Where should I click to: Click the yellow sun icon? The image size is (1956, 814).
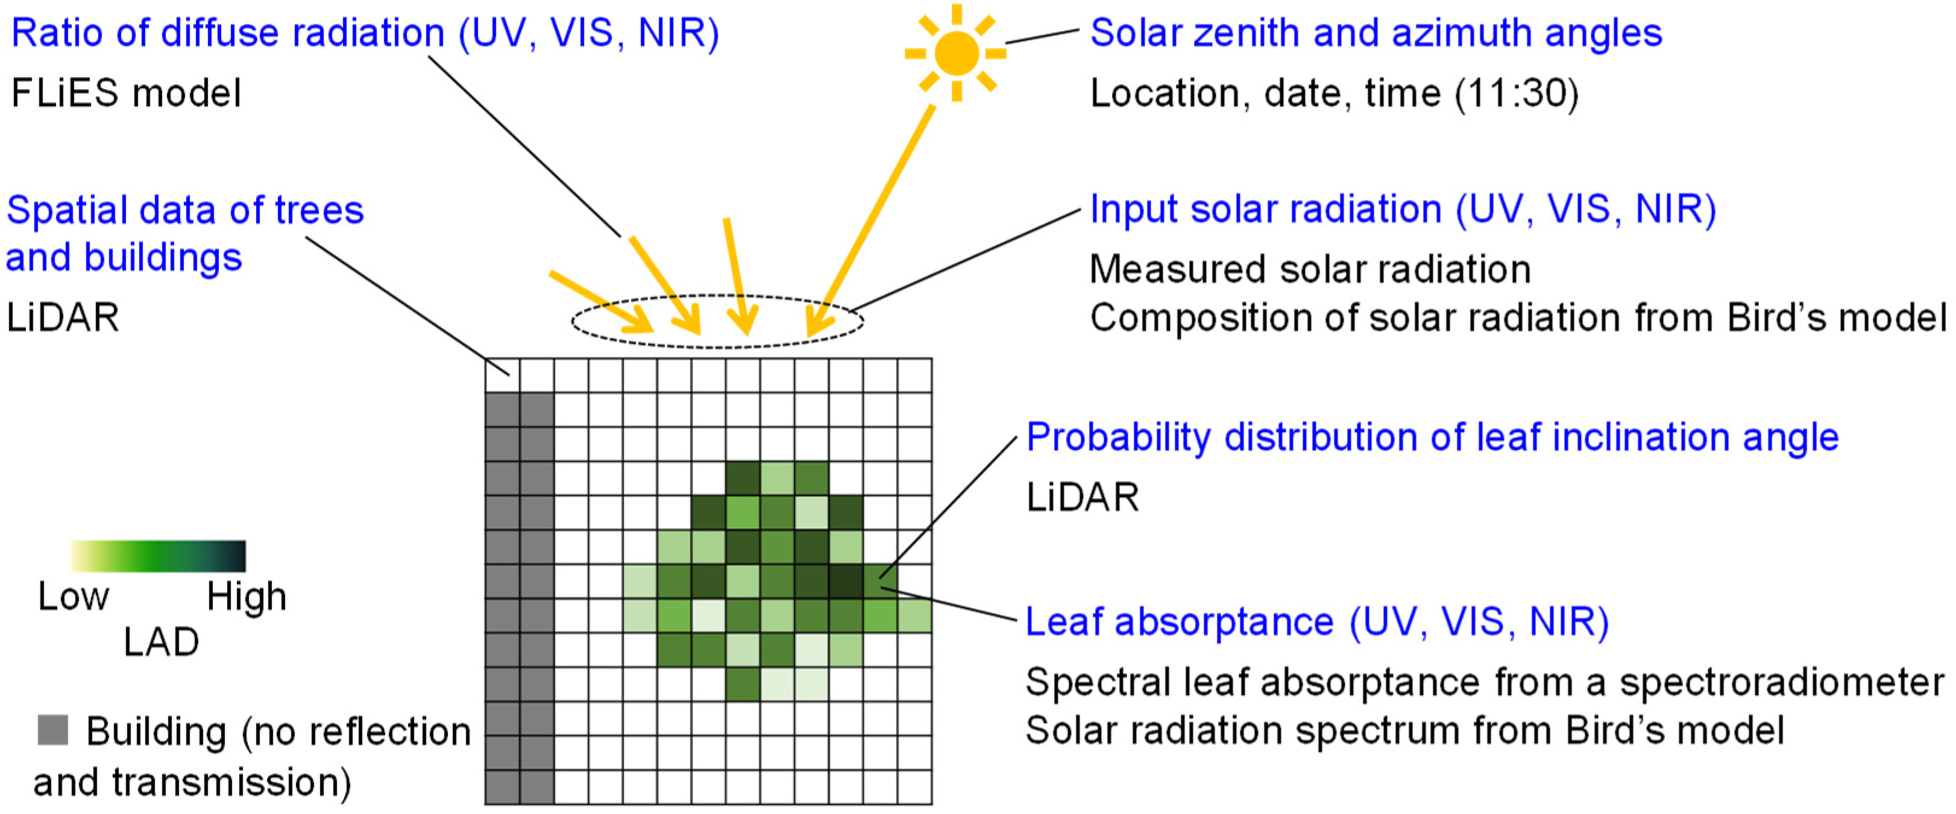[956, 53]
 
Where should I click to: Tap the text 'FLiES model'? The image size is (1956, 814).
[126, 93]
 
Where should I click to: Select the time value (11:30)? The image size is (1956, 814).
[1517, 93]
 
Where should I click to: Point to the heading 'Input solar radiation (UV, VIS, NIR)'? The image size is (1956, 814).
[1403, 209]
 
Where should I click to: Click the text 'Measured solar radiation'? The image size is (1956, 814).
[1310, 269]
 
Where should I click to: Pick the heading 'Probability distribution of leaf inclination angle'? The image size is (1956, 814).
[1432, 437]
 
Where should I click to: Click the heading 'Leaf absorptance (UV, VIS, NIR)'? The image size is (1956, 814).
[1316, 621]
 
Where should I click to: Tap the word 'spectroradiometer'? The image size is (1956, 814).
[1781, 682]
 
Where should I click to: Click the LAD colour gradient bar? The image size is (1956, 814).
[158, 556]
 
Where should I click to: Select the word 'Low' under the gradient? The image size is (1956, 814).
[74, 597]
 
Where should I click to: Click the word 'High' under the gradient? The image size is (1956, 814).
[247, 597]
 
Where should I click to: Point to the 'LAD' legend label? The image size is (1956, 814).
[161, 642]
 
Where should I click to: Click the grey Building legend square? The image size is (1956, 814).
[53, 730]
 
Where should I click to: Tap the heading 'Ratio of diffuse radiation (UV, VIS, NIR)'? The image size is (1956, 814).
[365, 33]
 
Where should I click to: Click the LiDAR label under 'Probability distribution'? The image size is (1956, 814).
[1082, 497]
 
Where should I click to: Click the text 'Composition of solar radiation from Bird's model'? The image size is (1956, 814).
[1518, 318]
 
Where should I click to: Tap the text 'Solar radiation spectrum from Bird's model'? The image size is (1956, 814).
[1404, 730]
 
